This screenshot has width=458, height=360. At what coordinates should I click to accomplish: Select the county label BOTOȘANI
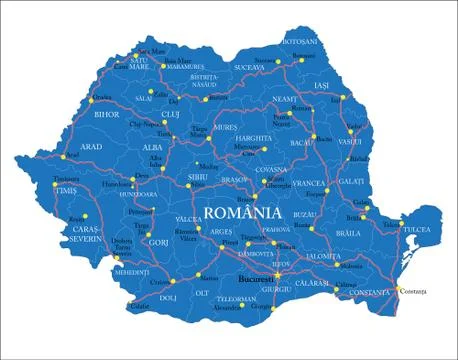coord(300,42)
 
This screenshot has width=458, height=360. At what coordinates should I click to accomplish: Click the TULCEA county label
coord(416,229)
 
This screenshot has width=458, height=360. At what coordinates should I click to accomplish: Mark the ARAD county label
coord(91,146)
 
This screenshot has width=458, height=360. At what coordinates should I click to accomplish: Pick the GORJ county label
coord(157,242)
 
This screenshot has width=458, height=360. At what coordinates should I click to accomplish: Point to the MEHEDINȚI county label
coord(131,271)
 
